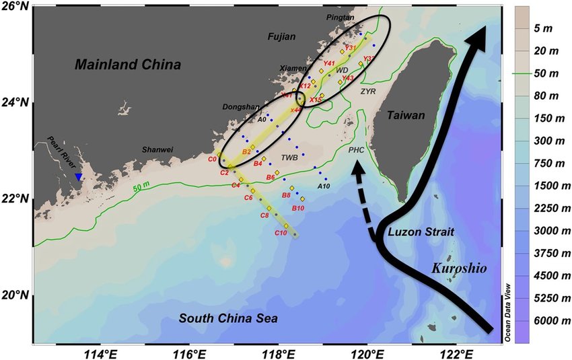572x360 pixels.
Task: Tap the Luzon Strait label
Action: pos(421,232)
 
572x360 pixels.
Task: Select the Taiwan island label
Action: pos(406,116)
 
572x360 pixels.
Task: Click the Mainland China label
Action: pos(128,65)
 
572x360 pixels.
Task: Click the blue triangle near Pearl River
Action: pos(79,177)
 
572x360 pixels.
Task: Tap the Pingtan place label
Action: pos(340,17)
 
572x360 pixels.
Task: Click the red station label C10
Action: pos(281,233)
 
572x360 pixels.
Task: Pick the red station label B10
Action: pos(298,209)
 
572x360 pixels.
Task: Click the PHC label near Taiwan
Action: pos(357,151)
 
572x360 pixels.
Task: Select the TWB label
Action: pos(289,157)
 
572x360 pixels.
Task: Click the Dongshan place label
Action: pos(240,107)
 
